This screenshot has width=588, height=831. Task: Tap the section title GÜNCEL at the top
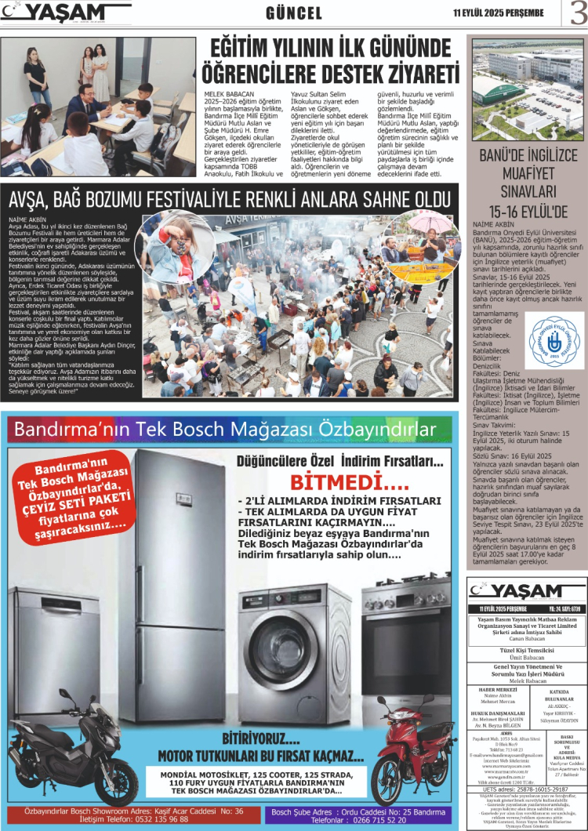[294, 13]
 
